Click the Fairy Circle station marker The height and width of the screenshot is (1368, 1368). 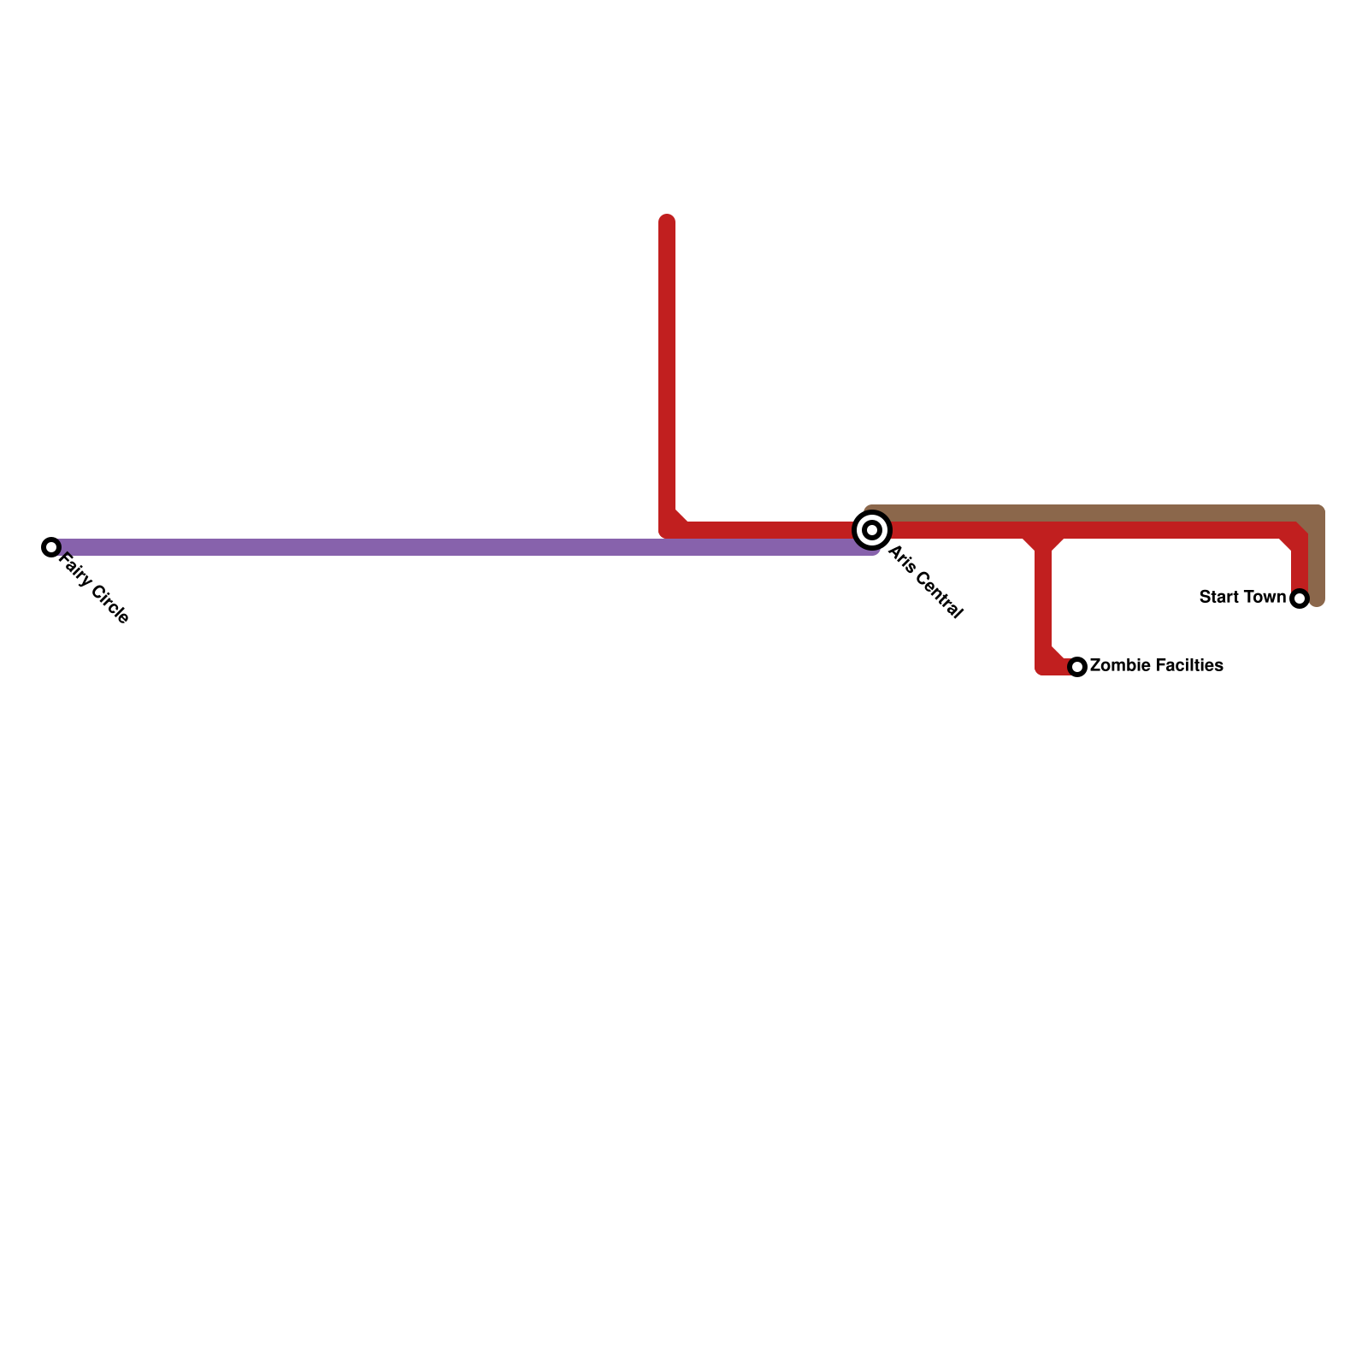click(51, 547)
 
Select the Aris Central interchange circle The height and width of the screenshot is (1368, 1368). click(872, 530)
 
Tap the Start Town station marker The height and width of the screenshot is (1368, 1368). click(1300, 598)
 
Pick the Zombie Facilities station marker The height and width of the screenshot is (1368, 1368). click(1077, 667)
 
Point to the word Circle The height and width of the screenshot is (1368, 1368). click(109, 604)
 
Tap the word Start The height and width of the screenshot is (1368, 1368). click(1217, 597)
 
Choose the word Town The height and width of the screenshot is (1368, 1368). click(1263, 597)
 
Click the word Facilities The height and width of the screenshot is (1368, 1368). click(1184, 665)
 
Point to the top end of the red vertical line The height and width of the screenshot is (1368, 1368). click(667, 221)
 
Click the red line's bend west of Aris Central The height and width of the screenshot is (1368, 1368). click(669, 528)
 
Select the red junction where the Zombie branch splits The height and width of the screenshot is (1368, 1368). click(1043, 535)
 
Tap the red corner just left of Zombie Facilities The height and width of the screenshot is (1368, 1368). click(1045, 665)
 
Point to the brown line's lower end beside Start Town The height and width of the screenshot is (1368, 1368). click(1317, 598)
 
